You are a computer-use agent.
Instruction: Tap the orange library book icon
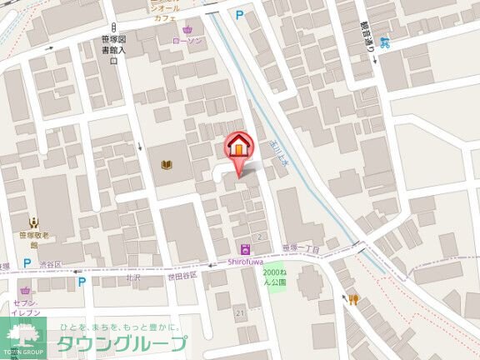(166, 165)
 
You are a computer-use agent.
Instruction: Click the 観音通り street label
(364, 37)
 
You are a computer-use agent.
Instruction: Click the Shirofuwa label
(246, 261)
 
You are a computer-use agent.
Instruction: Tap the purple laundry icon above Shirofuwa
(245, 248)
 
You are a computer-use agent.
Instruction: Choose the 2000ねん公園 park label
(274, 277)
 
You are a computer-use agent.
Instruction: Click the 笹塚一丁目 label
(301, 248)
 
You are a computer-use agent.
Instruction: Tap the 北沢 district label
(132, 278)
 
